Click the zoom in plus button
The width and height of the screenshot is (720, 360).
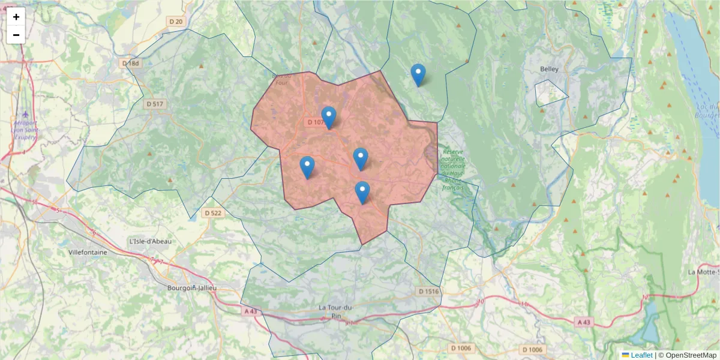tap(16, 17)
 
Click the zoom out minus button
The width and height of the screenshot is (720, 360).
tap(16, 35)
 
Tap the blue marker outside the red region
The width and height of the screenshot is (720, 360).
tap(418, 75)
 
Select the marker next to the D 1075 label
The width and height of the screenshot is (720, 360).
tap(329, 118)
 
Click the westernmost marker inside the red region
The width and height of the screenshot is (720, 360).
tap(307, 167)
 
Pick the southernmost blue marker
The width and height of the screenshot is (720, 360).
tap(362, 193)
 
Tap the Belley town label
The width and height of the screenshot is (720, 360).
tap(549, 69)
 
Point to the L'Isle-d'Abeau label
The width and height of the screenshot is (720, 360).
tap(150, 241)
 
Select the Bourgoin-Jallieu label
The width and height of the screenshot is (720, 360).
tap(192, 288)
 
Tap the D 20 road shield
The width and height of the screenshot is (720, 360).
tap(176, 22)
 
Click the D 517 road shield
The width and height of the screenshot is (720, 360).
tap(155, 104)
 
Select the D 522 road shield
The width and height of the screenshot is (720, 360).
tap(212, 213)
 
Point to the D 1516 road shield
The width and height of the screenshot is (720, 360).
tap(428, 291)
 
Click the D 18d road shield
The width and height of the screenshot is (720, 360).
tap(130, 63)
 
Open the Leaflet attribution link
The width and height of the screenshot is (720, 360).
tap(641, 355)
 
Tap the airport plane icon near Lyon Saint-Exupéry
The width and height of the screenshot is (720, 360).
tap(25, 113)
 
